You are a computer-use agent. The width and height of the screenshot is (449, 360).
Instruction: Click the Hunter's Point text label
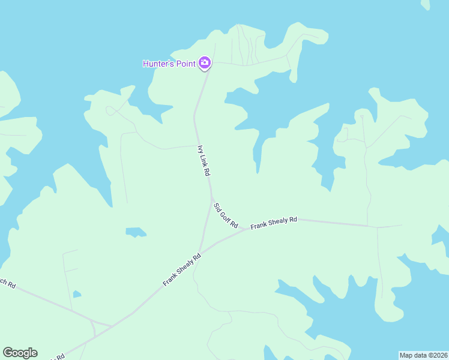tap(169, 64)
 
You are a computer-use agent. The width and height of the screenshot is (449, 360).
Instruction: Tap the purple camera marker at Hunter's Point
tap(205, 62)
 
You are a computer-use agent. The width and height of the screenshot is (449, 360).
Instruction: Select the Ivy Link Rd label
tap(204, 160)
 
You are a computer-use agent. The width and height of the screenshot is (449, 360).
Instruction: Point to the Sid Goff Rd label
tap(226, 215)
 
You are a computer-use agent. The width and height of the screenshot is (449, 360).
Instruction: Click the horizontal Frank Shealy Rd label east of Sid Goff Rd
tap(274, 223)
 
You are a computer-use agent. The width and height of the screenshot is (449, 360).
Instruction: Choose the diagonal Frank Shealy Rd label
tap(181, 269)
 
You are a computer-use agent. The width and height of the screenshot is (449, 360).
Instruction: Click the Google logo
tap(20, 353)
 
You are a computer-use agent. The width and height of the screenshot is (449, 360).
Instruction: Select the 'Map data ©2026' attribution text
tap(424, 355)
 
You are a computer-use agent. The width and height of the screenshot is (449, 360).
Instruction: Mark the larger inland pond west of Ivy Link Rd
tap(135, 232)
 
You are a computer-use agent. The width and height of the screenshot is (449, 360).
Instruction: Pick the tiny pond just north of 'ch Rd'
tap(76, 294)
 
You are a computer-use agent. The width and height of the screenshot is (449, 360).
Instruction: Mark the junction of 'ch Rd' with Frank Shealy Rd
tap(112, 326)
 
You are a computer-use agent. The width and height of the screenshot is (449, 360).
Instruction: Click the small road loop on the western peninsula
tap(110, 110)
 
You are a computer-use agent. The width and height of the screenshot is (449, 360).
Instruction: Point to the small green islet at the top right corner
tap(426, 4)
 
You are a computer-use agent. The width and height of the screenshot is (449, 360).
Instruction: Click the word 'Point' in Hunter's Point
tap(184, 64)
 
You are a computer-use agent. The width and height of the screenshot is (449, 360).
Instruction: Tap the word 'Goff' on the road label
tap(225, 214)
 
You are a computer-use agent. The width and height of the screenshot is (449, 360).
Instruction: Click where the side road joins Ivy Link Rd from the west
tap(196, 145)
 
